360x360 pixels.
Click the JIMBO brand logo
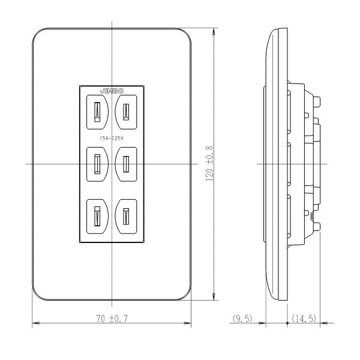112,91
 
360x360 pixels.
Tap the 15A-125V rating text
112,138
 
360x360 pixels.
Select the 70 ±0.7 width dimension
112,319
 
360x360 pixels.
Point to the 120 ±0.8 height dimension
209,163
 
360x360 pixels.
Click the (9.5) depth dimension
242,319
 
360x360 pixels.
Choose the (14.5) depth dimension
304,319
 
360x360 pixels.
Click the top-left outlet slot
97,112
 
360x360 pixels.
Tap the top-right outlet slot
126,112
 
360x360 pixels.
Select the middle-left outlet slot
97,164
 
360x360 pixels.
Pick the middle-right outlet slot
126,164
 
